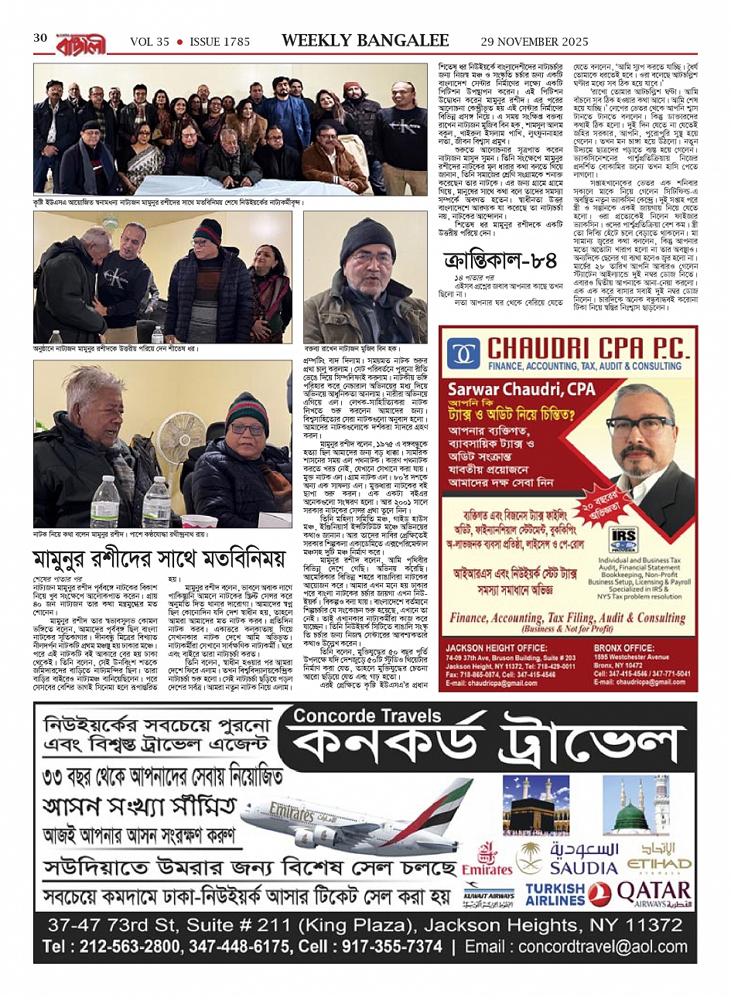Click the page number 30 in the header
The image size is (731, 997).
[x=40, y=39]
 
